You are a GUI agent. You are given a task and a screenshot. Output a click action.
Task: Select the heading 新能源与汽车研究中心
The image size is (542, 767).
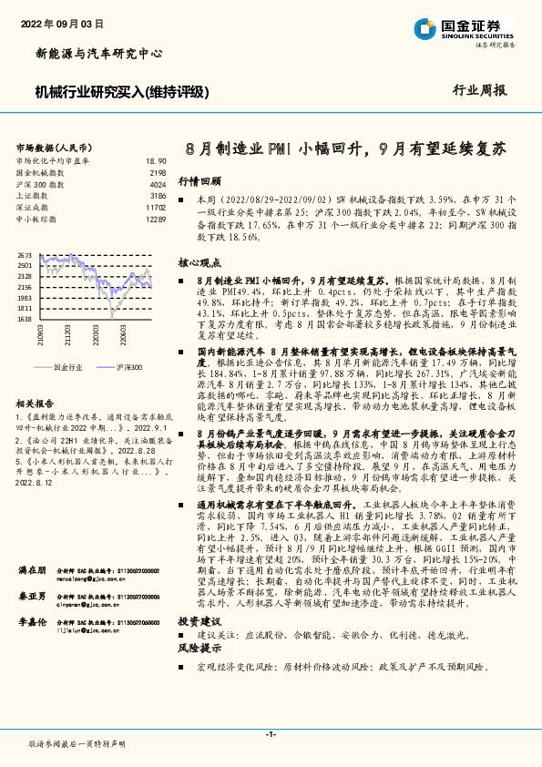(98, 54)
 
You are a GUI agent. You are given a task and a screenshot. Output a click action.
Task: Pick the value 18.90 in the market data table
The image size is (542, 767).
(156, 160)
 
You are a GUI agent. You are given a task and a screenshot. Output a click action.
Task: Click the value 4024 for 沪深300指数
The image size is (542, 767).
(158, 184)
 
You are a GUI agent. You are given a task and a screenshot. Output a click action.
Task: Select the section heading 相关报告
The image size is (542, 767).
(38, 403)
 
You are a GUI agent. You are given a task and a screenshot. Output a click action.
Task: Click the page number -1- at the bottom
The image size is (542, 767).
(271, 733)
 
